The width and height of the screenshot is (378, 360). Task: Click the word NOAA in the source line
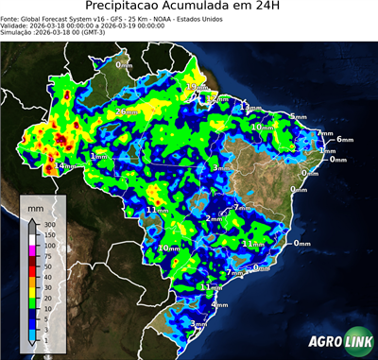[x=165, y=17]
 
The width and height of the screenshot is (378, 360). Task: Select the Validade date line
[x=76, y=25]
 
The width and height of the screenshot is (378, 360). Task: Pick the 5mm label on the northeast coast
[x=298, y=116]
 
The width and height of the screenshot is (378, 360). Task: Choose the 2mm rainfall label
[x=215, y=218]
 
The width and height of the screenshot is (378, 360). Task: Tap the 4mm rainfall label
[x=219, y=305]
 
